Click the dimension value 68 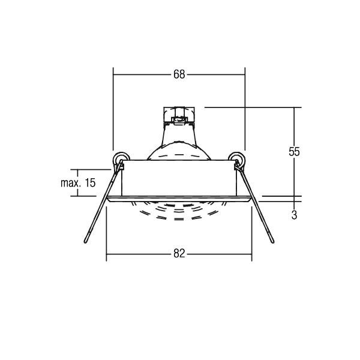coord(179,74)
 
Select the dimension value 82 coord(179,254)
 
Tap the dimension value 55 coord(294,152)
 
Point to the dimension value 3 coord(294,215)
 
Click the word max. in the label coord(70,183)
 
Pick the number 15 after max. coord(90,183)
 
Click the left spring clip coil coord(121,158)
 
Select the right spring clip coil coord(237,158)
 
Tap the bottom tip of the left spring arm coord(86,242)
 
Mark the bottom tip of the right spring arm coord(272,242)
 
